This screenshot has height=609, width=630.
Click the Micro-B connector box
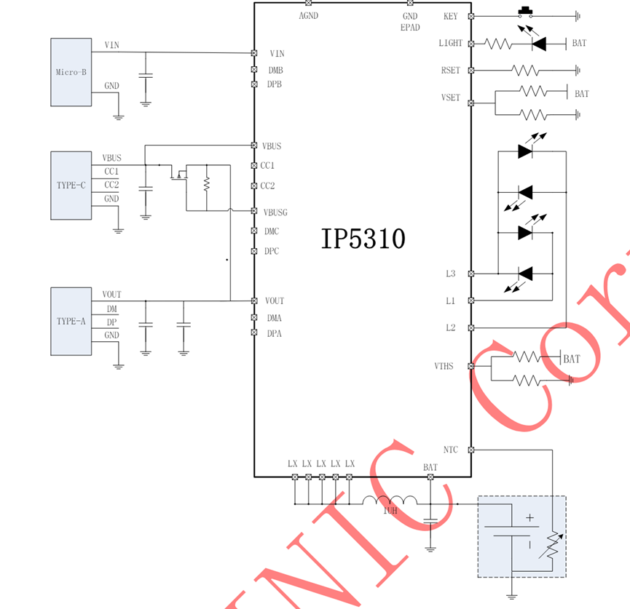tap(71, 72)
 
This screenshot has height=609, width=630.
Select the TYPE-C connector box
tap(71, 186)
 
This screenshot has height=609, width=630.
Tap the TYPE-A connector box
tap(71, 322)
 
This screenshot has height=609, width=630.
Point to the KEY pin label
tap(451, 16)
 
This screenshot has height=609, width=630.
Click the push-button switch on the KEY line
tap(524, 12)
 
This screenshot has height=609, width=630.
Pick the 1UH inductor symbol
tap(390, 501)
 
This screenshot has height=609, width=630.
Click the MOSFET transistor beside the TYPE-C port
tap(178, 174)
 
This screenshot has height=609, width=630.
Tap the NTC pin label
tap(451, 450)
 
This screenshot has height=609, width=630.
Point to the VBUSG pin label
tap(275, 212)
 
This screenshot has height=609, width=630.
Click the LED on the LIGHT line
tap(538, 44)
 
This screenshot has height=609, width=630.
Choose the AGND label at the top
tap(309, 16)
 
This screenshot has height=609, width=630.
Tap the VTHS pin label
tap(444, 366)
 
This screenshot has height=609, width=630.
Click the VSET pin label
tap(450, 97)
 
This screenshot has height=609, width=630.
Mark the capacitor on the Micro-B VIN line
tap(146, 76)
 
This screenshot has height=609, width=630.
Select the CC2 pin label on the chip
tap(267, 186)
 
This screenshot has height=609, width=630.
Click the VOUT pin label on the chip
tap(275, 300)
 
